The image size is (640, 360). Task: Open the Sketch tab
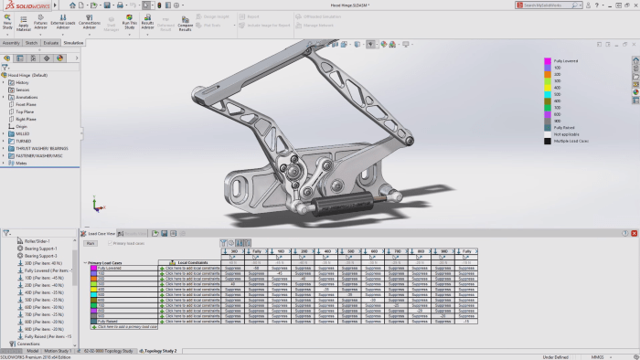tap(31, 42)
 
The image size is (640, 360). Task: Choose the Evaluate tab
tap(51, 42)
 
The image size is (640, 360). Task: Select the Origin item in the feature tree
tap(22, 126)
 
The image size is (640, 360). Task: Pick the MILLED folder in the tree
tap(24, 133)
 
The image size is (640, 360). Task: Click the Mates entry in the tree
tap(24, 163)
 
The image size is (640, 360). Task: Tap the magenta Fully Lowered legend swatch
tap(547, 60)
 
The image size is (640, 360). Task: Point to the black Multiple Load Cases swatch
tap(547, 141)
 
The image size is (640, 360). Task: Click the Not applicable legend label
tap(568, 133)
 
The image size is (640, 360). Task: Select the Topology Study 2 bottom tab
tap(158, 351)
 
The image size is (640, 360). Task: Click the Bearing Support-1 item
tap(42, 249)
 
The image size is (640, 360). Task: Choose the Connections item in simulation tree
tap(29, 344)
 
